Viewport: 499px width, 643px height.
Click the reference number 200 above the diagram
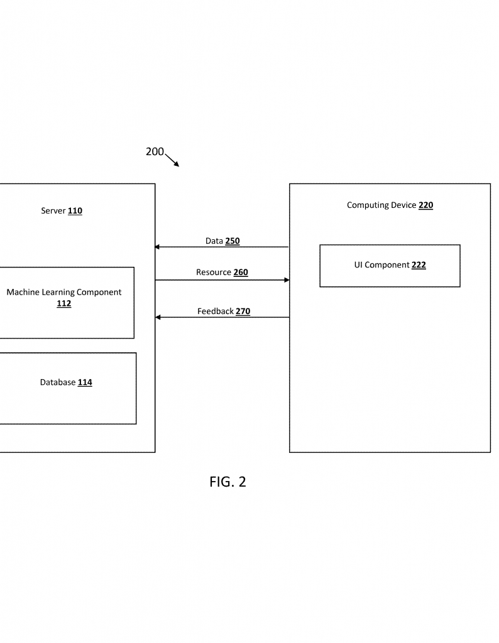click(155, 152)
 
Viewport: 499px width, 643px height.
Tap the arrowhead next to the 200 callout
click(177, 164)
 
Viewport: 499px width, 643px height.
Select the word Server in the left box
click(53, 211)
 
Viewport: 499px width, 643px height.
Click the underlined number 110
click(75, 211)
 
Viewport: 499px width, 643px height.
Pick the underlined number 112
click(64, 303)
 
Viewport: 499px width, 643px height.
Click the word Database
click(58, 382)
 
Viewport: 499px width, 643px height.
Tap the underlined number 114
click(85, 382)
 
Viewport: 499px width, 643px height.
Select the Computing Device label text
click(381, 205)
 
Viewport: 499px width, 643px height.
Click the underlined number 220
click(426, 205)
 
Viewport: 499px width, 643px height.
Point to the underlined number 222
click(419, 265)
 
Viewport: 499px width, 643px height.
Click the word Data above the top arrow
click(214, 240)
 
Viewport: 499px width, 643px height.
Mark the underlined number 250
click(233, 240)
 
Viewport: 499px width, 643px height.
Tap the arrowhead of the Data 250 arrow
click(157, 247)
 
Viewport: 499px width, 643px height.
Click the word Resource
click(214, 273)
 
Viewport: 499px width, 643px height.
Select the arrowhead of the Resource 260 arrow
click(287, 280)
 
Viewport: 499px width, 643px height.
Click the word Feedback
click(216, 311)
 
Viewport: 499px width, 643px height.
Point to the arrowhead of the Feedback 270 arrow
click(158, 317)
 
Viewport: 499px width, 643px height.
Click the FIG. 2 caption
click(228, 482)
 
